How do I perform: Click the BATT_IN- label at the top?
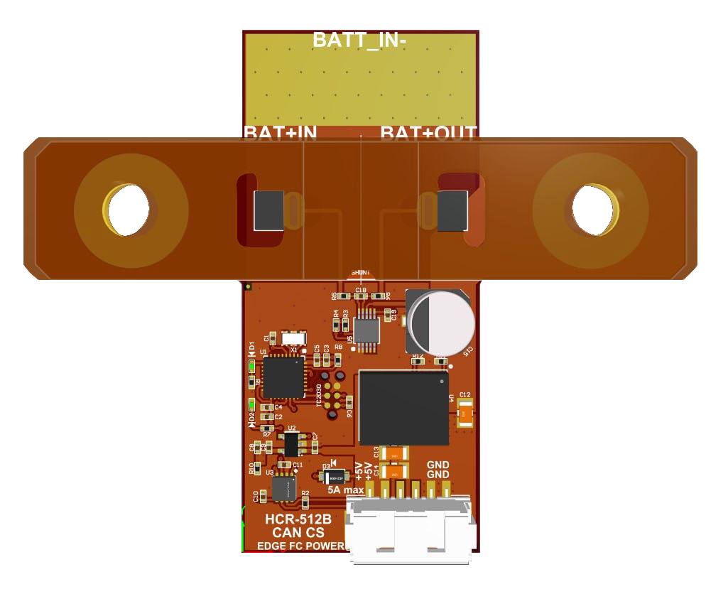(360, 40)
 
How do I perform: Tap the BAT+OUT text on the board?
(428, 131)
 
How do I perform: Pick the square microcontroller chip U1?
(283, 377)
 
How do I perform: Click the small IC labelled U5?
(366, 330)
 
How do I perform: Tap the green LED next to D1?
(251, 366)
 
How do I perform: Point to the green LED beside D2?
(251, 406)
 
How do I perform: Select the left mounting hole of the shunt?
(131, 210)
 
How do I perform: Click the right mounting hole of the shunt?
(589, 210)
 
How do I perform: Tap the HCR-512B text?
(298, 519)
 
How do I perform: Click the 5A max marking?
(345, 490)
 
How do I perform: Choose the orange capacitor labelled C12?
(465, 413)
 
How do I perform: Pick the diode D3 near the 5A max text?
(332, 477)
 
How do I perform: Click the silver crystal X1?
(293, 340)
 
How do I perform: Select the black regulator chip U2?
(291, 445)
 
